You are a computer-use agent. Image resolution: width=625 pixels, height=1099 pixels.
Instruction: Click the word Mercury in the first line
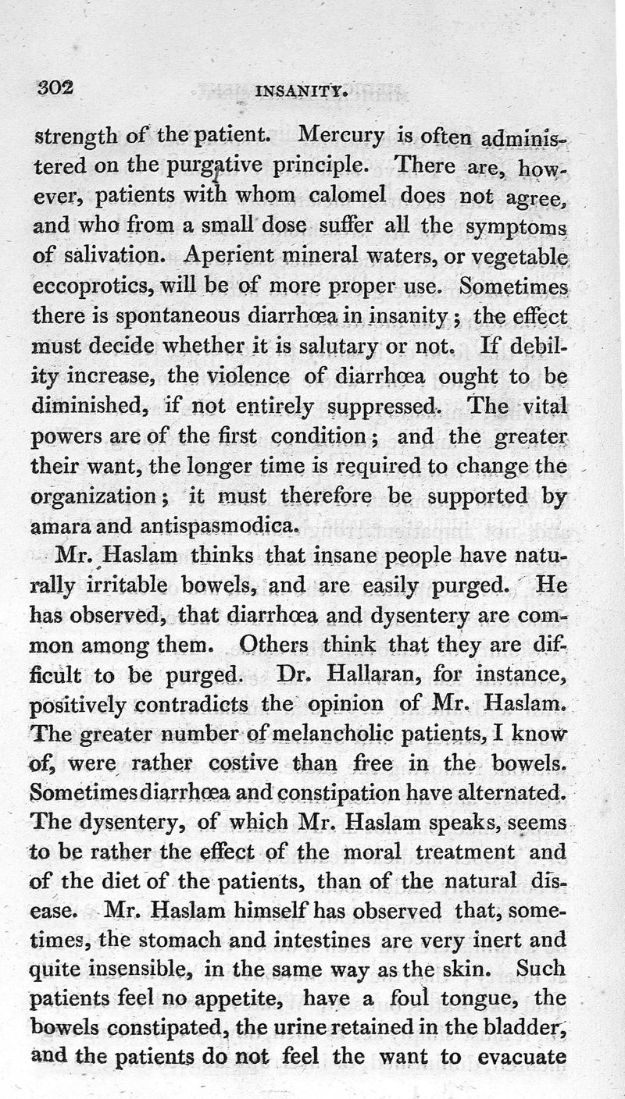[341, 137]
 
